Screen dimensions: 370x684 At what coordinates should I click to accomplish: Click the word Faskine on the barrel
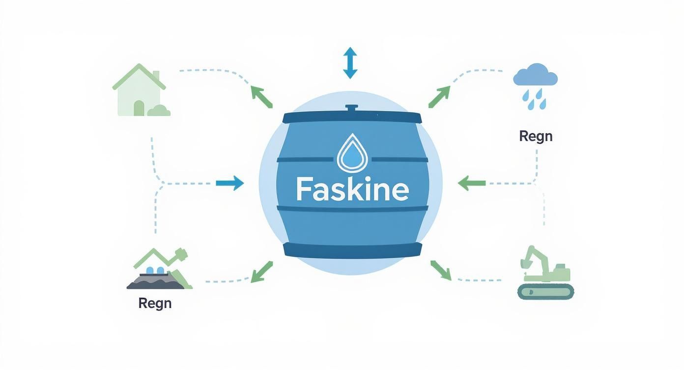click(x=352, y=189)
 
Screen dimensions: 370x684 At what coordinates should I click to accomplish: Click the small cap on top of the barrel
click(x=351, y=108)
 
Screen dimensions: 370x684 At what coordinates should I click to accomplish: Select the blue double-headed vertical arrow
click(x=350, y=63)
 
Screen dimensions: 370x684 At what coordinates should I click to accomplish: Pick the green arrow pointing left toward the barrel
click(x=471, y=184)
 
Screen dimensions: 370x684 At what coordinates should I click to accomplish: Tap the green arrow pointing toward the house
click(x=261, y=96)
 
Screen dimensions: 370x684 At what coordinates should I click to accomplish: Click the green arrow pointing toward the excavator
click(x=440, y=270)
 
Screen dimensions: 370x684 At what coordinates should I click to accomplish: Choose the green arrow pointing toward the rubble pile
click(x=261, y=272)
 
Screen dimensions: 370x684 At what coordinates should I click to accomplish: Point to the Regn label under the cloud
click(x=536, y=136)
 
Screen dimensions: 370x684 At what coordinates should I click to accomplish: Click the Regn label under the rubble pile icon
click(x=155, y=303)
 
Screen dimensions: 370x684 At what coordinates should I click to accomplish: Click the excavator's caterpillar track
click(x=545, y=292)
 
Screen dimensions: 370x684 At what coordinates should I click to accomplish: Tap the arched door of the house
click(x=139, y=108)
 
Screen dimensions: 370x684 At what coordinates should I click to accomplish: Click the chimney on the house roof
click(x=156, y=77)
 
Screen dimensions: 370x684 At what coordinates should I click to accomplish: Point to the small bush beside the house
click(x=159, y=111)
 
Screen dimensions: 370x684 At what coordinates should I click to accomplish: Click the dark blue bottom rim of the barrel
click(x=352, y=250)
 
